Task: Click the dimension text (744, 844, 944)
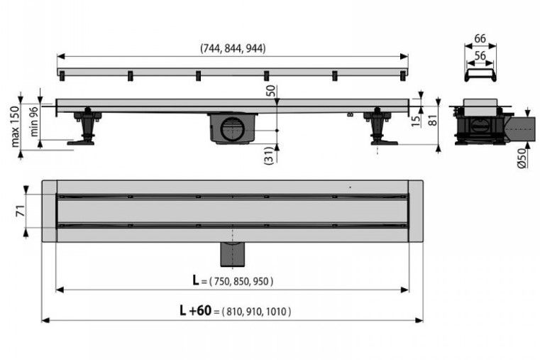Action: pos(233,48)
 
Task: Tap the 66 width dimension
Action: pos(480,38)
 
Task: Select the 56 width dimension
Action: pos(480,56)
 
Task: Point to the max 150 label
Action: pos(15,126)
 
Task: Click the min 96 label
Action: pos(35,121)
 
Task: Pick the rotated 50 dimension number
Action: pos(271,91)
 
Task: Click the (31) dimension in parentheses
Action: pos(270,156)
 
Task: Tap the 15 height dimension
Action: pos(416,121)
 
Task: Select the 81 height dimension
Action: pos(433,120)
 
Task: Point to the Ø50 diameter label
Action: pos(522,158)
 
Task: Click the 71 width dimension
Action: pos(21,210)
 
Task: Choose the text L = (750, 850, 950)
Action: pos(233,281)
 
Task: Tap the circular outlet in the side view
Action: pos(232,129)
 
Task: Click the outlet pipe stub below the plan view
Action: pos(233,254)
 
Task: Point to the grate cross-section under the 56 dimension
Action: pos(480,75)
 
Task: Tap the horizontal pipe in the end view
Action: pos(520,129)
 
